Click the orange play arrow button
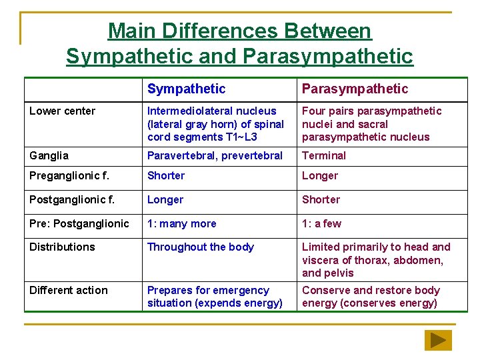(438, 340)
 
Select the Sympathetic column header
(186, 89)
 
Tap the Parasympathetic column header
(355, 89)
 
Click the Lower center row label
(62, 111)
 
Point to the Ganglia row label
(49, 155)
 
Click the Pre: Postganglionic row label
(79, 223)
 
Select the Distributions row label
(62, 247)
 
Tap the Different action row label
(68, 291)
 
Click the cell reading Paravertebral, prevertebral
(215, 155)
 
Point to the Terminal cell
(324, 155)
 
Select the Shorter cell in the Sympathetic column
(166, 176)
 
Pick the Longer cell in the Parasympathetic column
(320, 176)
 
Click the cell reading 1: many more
(183, 223)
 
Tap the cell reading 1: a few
(321, 223)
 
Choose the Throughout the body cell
(200, 247)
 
